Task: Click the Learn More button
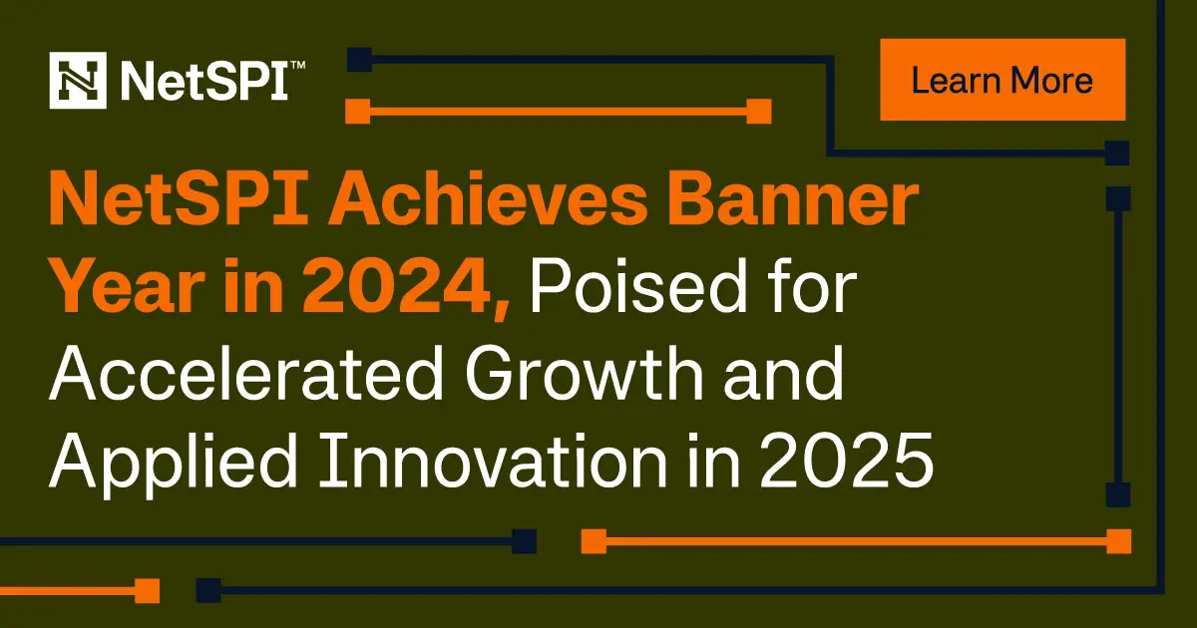tap(1002, 80)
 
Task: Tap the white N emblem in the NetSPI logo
tap(77, 80)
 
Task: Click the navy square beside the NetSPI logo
tap(359, 59)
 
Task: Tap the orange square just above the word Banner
tap(759, 112)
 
